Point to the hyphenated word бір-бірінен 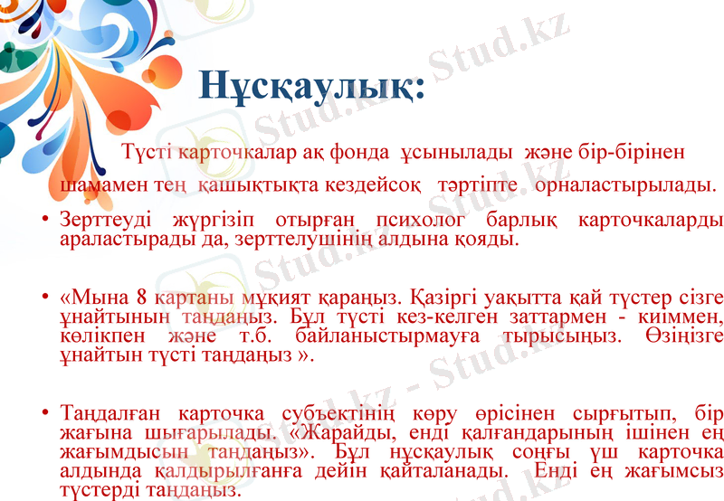pyautogui.click(x=632, y=150)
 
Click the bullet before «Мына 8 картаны pyautogui.click(x=45, y=298)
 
